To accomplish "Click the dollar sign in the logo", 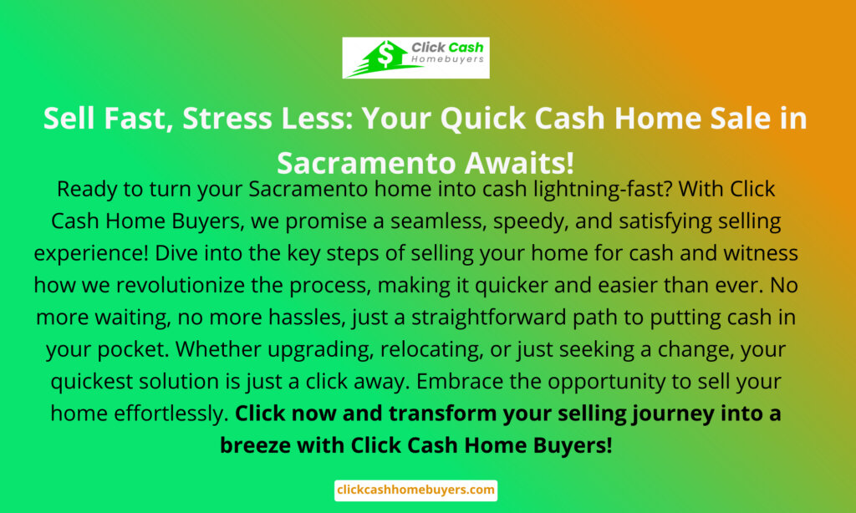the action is (386, 54).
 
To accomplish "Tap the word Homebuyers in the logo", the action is (448, 59).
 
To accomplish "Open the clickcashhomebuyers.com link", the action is (416, 490).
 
